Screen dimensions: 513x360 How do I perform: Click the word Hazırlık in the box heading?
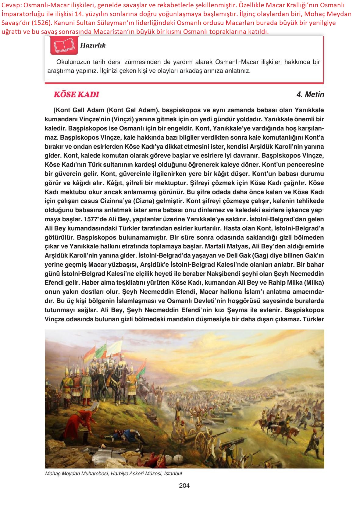pos(93,45)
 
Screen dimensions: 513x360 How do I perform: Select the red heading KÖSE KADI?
pos(76,94)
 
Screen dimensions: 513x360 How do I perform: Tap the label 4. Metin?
pos(310,94)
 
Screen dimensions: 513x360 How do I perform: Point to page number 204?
pos(184,486)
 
